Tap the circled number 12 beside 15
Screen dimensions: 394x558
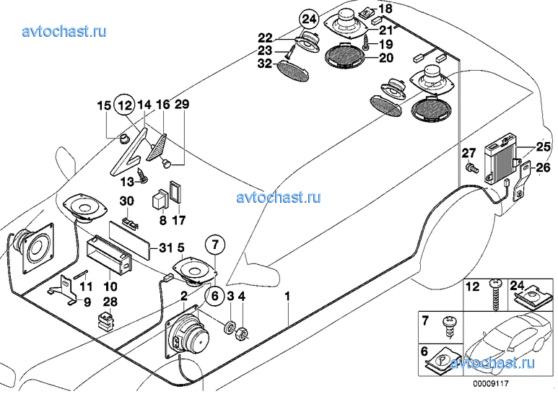(126, 105)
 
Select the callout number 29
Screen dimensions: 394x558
(181, 105)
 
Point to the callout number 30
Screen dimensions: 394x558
(126, 201)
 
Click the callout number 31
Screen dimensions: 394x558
(165, 248)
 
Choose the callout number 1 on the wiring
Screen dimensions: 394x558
(288, 296)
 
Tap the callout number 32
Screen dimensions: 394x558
(265, 64)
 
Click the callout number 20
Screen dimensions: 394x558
(385, 58)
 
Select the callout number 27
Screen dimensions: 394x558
(468, 152)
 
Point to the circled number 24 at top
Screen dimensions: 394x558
(309, 19)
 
